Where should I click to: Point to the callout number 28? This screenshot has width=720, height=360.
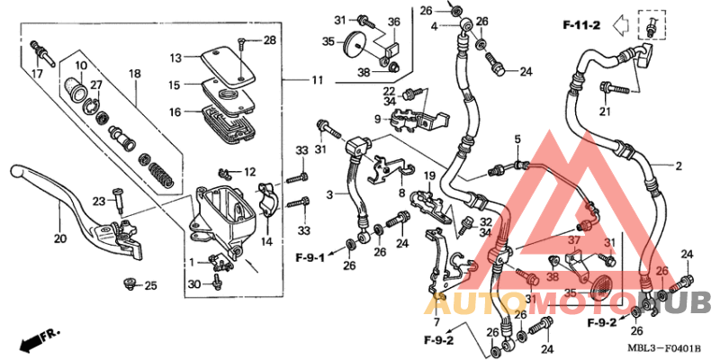270,40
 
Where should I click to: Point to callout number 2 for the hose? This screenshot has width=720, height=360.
679,166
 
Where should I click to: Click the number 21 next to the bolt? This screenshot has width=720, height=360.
605,111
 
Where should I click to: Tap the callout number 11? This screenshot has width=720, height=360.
317,81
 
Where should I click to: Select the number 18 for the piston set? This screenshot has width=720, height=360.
134,73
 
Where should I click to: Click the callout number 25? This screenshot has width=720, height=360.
150,286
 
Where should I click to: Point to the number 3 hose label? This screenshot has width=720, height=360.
329,193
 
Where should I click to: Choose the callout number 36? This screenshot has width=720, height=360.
393,22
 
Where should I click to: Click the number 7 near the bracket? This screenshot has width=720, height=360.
436,322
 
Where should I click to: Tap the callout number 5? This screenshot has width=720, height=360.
518,139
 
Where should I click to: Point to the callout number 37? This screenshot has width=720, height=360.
573,241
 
